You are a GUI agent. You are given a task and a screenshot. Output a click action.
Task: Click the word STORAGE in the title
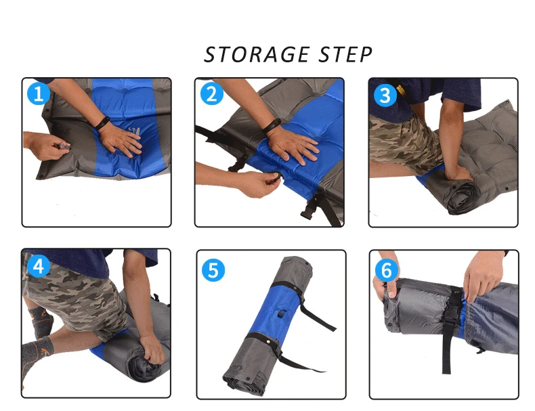pos(257,55)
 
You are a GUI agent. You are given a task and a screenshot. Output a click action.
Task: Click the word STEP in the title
pos(345,55)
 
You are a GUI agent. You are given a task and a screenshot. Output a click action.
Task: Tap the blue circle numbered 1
pos(39,93)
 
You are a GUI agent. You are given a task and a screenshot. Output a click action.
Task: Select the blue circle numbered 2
pos(211,93)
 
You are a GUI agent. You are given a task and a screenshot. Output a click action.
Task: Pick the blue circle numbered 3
pos(385,95)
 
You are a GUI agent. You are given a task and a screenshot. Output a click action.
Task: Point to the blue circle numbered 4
pos(39,265)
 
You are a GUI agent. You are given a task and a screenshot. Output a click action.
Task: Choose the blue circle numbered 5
pos(213,270)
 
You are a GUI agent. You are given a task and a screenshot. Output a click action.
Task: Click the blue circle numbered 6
pos(386,270)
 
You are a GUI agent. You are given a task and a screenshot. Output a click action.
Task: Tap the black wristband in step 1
pos(102,123)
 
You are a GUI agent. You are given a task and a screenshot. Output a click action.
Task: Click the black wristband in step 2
pos(272,125)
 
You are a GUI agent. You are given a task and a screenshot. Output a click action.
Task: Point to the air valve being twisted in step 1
pos(64,147)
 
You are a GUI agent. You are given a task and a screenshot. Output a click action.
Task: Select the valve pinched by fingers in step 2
pos(277,176)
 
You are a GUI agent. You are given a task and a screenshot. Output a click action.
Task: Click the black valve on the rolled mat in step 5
pos(282,313)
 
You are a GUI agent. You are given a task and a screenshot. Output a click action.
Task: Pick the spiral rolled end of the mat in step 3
pos(462,197)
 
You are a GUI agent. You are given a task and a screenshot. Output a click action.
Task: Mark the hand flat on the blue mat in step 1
pos(121,141)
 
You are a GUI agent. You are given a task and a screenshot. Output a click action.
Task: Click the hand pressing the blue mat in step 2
pos(294,146)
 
